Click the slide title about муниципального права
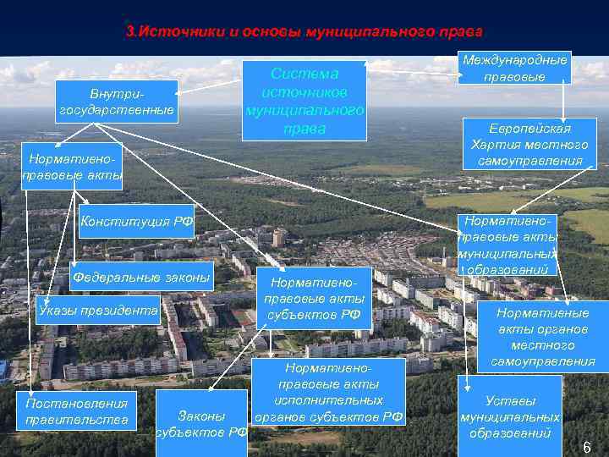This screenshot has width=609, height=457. pos(304,32)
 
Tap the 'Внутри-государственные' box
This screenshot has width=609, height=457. pos(118,102)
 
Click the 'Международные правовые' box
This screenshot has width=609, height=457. pos(514,68)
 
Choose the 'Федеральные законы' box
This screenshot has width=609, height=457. pos(141,277)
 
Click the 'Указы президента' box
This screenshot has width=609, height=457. pos(97,311)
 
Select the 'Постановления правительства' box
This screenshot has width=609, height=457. pos(77,411)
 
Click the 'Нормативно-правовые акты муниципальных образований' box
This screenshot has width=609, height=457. pos(507,244)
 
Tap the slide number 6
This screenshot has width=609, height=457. pos(586,447)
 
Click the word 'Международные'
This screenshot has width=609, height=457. pos(514,60)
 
